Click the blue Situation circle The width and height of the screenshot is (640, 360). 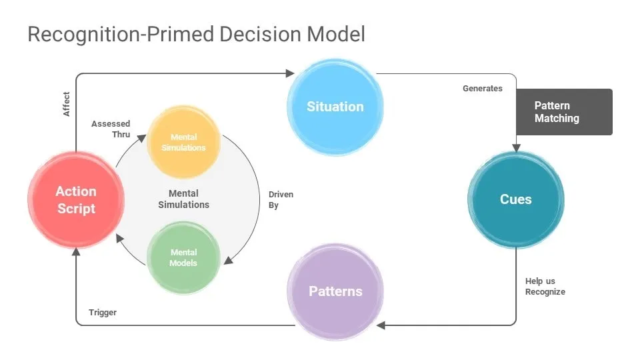[335, 107]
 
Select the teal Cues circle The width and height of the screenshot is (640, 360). [515, 199]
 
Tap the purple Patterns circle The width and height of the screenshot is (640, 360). [335, 291]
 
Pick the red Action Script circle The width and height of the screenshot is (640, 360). [76, 200]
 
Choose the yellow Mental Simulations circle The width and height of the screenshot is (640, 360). [183, 142]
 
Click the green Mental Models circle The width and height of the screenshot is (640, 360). [183, 257]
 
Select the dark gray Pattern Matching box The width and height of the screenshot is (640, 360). [564, 112]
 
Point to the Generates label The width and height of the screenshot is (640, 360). [483, 89]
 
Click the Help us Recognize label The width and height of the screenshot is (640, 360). [545, 287]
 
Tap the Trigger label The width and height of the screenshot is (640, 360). [103, 313]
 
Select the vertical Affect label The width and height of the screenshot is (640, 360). [67, 104]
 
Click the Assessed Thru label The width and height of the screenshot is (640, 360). [111, 129]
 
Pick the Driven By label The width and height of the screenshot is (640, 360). [281, 200]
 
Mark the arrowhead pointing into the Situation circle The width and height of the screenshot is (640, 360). [290, 73]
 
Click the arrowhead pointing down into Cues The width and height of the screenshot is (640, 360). [515, 147]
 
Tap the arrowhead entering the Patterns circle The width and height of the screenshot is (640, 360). [381, 325]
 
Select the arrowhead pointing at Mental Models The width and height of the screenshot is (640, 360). [227, 260]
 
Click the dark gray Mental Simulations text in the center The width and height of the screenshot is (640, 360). [183, 199]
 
